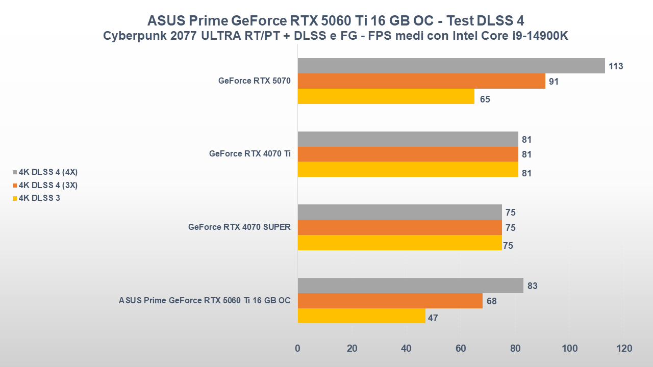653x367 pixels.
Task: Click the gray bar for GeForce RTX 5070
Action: pos(451,66)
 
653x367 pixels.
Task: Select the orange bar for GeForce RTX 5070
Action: pos(421,81)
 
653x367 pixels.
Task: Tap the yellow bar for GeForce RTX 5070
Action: pos(386,96)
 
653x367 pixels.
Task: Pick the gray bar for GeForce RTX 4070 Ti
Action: pos(408,139)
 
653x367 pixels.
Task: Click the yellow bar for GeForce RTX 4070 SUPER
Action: pos(399,243)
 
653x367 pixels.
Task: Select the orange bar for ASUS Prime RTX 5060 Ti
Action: pos(390,301)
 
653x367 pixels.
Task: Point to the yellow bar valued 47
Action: pos(361,316)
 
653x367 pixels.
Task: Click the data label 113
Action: pos(616,66)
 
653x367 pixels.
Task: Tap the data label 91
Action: pos(554,82)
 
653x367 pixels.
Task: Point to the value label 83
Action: pos(532,286)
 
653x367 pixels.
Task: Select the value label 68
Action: pos(491,301)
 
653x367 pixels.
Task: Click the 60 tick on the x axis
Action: pos(461,349)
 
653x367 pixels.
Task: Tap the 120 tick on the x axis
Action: pos(624,349)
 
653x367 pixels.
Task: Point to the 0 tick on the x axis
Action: pos(298,349)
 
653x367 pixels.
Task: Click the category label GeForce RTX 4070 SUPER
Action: pos(239,227)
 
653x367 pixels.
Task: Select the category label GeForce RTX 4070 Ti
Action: pos(249,154)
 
